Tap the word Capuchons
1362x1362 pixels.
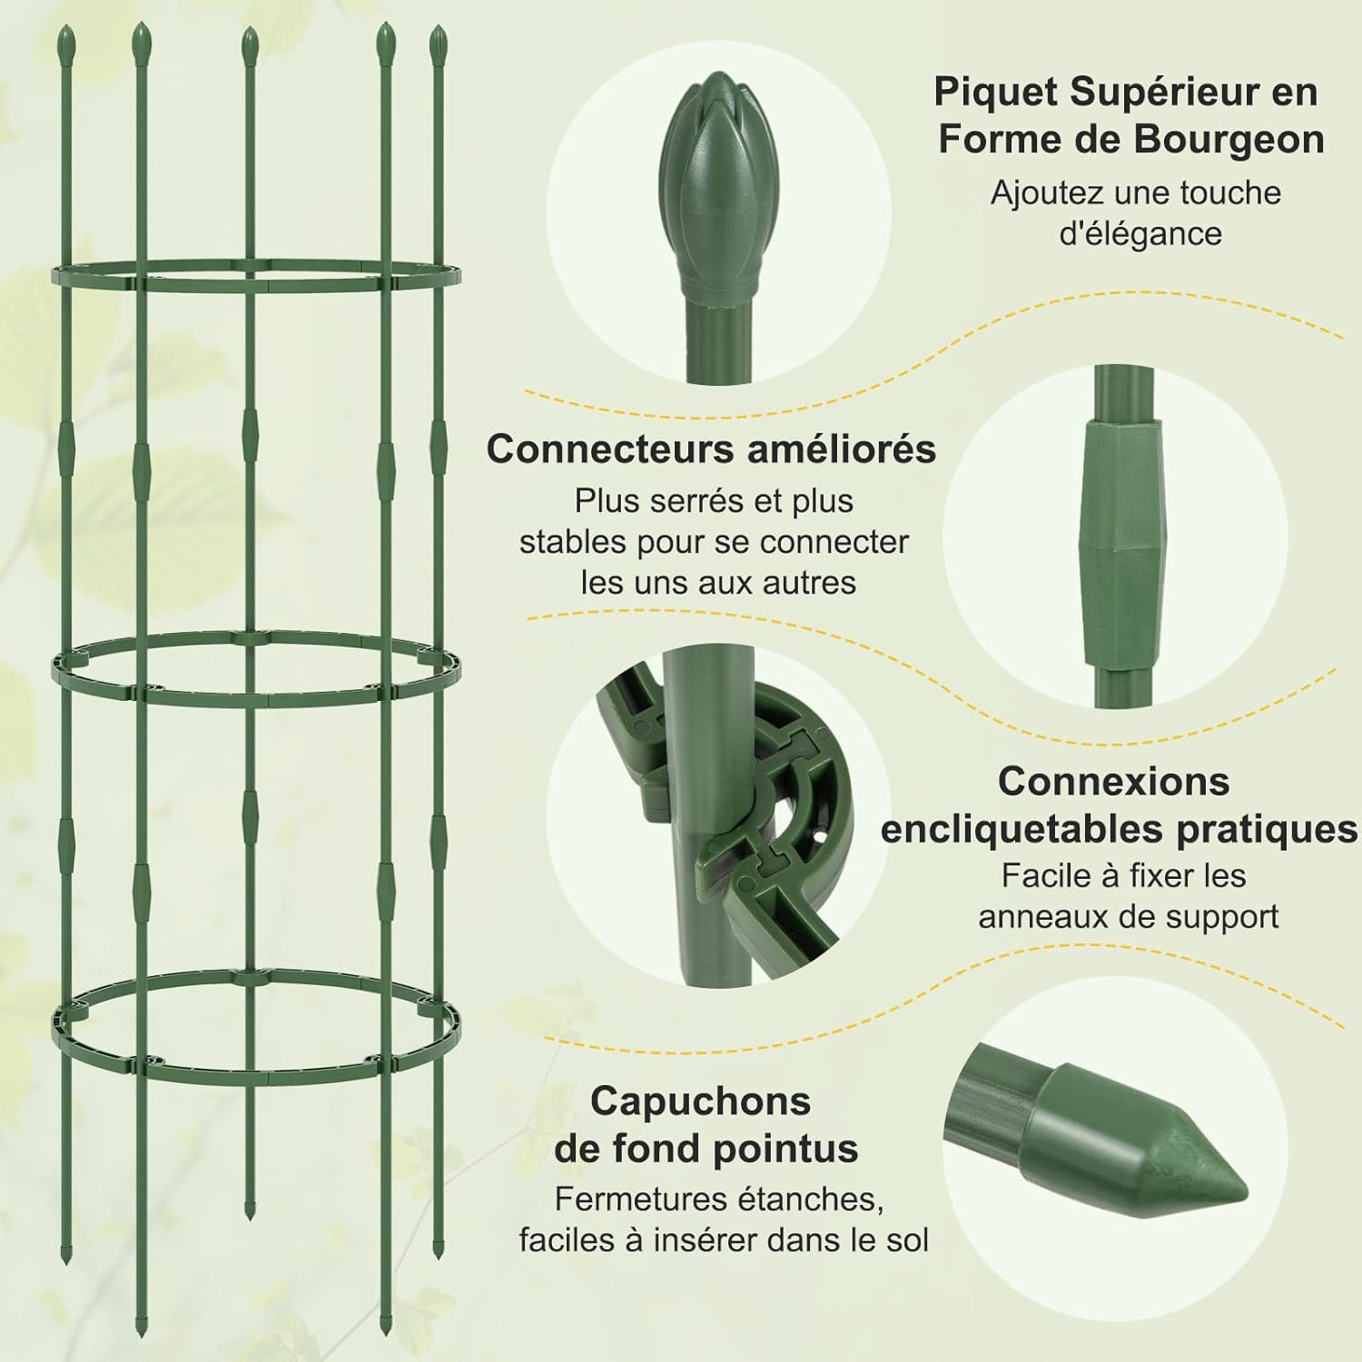tap(700, 1100)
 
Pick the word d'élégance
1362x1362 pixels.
tap(1140, 233)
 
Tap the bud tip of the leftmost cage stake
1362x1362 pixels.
tap(65, 40)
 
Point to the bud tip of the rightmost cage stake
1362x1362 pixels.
tap(439, 41)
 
